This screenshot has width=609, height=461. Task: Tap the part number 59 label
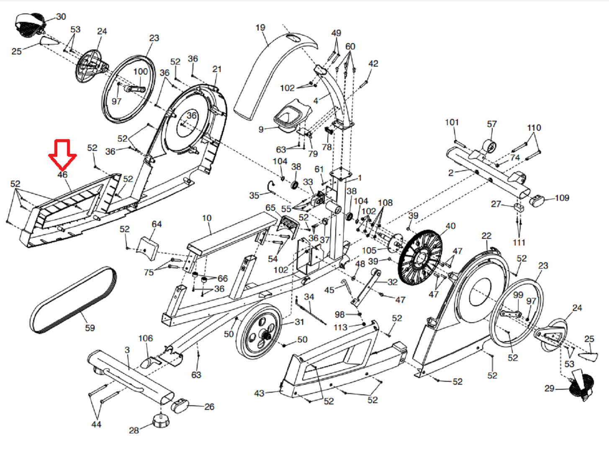90,328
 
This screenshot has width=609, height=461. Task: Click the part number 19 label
260,28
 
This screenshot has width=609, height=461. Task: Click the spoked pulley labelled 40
420,257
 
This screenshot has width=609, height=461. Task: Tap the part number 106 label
146,338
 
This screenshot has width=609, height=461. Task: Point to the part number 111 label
519,242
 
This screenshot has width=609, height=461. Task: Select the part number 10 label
207,218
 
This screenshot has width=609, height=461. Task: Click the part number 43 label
259,393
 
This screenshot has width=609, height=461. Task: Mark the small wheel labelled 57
490,147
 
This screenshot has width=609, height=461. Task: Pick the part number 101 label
452,122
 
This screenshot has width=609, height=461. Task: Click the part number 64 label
157,224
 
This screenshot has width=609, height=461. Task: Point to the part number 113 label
341,327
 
